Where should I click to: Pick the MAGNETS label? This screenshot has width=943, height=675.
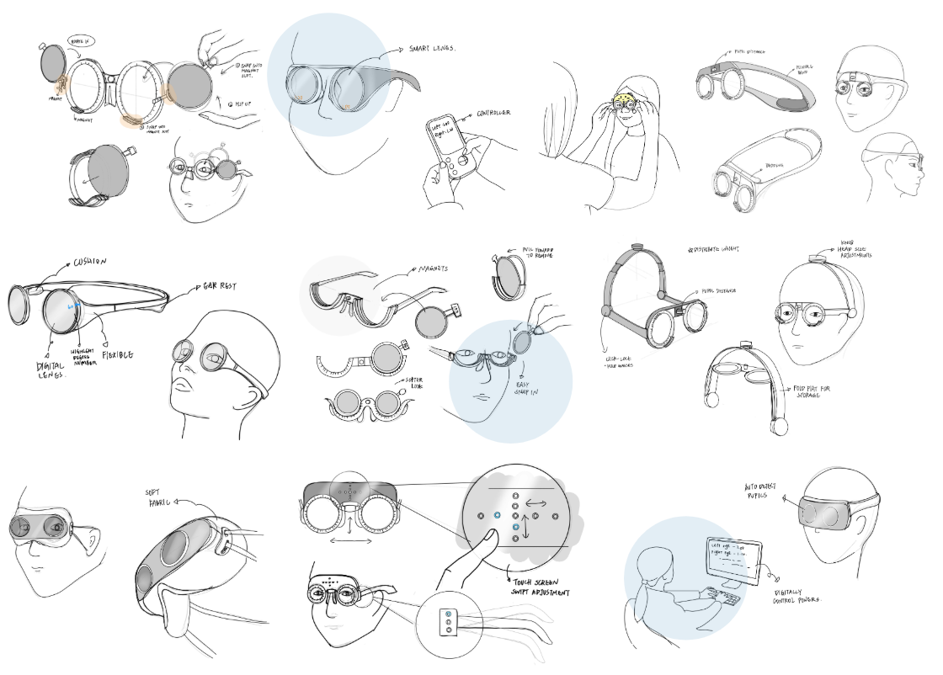click(430, 270)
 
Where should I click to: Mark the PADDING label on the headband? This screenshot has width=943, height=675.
click(770, 167)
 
